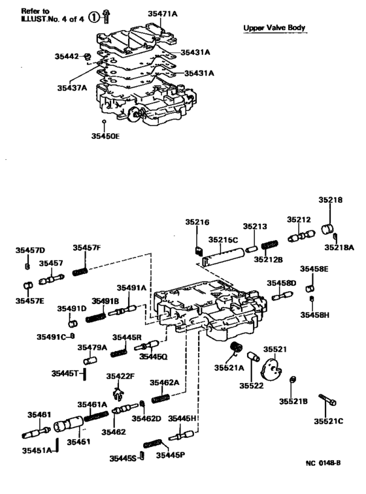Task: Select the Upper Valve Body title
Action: (274, 28)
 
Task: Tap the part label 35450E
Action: (105, 136)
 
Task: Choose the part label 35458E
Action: (314, 268)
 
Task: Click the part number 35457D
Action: (31, 250)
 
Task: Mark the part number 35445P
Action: (170, 454)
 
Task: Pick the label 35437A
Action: (71, 87)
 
